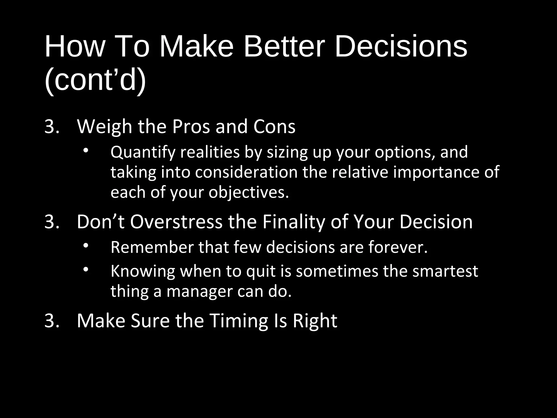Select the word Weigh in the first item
click(x=104, y=127)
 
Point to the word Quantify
click(x=143, y=152)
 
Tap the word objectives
click(x=249, y=193)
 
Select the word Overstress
click(x=176, y=222)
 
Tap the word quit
click(x=261, y=272)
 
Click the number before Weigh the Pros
click(x=52, y=127)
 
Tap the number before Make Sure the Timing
click(x=52, y=321)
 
